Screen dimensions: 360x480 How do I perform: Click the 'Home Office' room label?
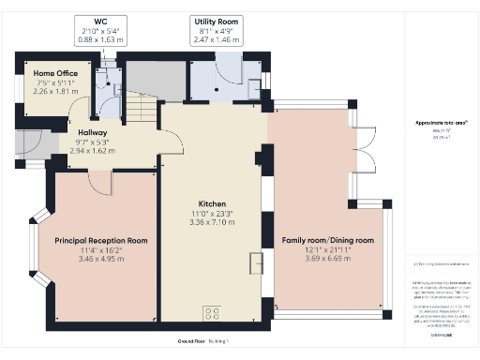pyautogui.click(x=55, y=72)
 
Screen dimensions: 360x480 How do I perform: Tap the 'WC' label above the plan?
pyautogui.click(x=100, y=21)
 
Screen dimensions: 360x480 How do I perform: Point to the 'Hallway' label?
pyautogui.click(x=93, y=133)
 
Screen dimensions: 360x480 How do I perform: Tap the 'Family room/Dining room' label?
pyautogui.click(x=322, y=240)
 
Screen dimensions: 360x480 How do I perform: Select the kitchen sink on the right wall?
pyautogui.click(x=254, y=263)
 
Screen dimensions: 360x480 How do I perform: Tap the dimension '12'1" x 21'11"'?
pyautogui.click(x=322, y=250)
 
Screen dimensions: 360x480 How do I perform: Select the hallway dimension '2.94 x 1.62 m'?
pyautogui.click(x=93, y=150)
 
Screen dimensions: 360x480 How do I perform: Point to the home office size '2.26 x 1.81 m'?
pyautogui.click(x=55, y=92)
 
